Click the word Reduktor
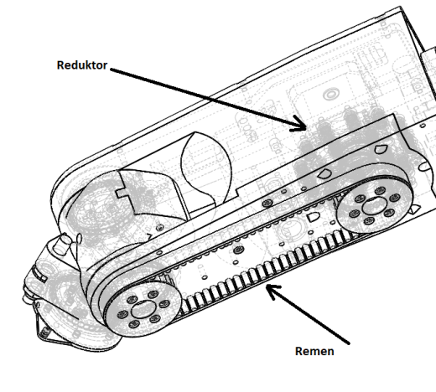click(82, 65)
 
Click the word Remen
click(314, 351)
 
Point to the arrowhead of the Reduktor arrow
click(300, 125)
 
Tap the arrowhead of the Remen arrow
click(271, 291)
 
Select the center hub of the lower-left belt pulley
click(143, 309)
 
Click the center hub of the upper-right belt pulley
click(374, 206)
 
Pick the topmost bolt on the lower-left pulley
click(153, 294)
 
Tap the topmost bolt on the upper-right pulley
click(380, 191)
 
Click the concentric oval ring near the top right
click(331, 94)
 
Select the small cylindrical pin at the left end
click(62, 244)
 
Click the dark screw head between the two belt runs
click(238, 250)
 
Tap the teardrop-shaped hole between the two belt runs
click(313, 216)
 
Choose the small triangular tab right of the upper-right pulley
click(415, 209)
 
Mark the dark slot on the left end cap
click(39, 273)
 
